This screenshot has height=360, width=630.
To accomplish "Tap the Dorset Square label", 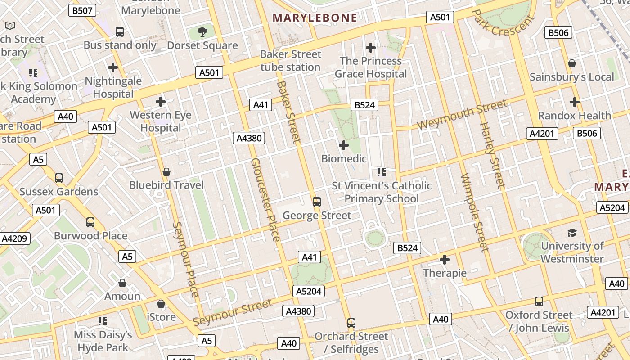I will click(202, 45).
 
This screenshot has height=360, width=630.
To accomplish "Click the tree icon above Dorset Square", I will click(202, 31).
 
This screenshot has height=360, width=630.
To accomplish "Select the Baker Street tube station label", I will click(290, 61).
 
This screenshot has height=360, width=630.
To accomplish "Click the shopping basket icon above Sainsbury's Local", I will click(571, 63).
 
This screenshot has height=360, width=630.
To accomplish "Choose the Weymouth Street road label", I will click(462, 115).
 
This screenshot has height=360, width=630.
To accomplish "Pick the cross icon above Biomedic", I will click(344, 145).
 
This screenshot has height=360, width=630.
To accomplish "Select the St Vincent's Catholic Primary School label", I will click(382, 192).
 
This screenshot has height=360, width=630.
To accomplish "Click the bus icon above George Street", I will click(317, 202).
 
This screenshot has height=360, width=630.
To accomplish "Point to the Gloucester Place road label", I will click(265, 199).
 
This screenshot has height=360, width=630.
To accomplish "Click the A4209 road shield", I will click(14, 238).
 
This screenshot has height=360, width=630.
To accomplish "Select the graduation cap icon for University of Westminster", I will click(572, 233).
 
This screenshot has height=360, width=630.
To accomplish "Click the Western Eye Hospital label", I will click(161, 121).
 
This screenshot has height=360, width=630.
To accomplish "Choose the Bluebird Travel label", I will click(166, 185).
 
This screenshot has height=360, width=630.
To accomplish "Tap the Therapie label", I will click(445, 273).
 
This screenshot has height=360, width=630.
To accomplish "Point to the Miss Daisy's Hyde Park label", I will click(103, 341).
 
